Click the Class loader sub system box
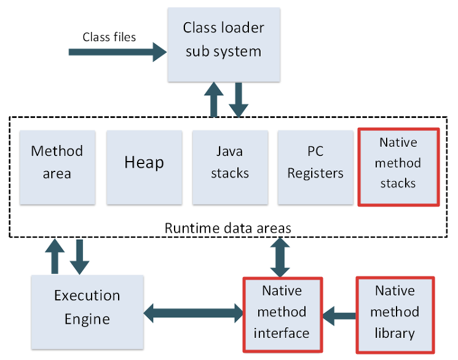click(224, 44)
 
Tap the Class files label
click(109, 37)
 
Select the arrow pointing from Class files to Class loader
click(117, 52)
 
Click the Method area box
click(57, 167)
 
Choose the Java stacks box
click(230, 167)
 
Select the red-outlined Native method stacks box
click(398, 166)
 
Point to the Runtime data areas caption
click(228, 228)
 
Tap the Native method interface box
click(282, 315)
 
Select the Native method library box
click(395, 315)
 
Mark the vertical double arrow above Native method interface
click(281, 257)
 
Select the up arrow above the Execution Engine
click(55, 256)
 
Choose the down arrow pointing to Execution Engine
click(79, 257)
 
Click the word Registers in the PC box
click(316, 173)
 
